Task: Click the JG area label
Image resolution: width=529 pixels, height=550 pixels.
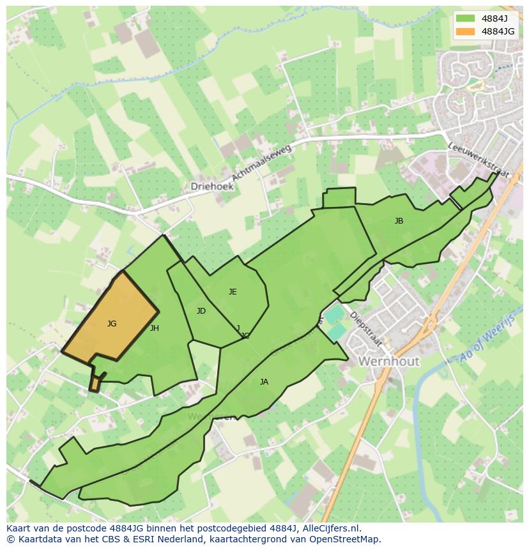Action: point(112,324)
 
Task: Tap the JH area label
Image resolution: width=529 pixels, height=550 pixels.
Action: point(154,328)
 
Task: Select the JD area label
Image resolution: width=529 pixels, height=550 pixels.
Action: point(201,311)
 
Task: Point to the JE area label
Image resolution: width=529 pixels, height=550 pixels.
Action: point(233,292)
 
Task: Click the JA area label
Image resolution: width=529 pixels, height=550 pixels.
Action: point(264,382)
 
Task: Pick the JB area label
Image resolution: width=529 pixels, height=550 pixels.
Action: point(399,221)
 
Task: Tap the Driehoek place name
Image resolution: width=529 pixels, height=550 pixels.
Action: point(212,187)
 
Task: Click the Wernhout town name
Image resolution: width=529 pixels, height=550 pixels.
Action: point(389,361)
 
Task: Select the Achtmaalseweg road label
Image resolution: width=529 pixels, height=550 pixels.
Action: point(261,162)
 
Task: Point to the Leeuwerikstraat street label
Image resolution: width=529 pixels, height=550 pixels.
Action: point(473,160)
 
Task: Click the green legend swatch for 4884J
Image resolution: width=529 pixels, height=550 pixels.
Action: point(466,18)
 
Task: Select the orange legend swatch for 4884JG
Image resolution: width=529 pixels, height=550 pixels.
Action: point(466,31)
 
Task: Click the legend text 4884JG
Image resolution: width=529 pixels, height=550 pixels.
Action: point(498,31)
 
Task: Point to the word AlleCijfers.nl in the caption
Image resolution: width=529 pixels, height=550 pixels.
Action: point(332,528)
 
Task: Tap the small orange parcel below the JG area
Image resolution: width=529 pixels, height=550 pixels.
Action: point(95,384)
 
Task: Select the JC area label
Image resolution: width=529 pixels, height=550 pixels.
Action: point(245,335)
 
